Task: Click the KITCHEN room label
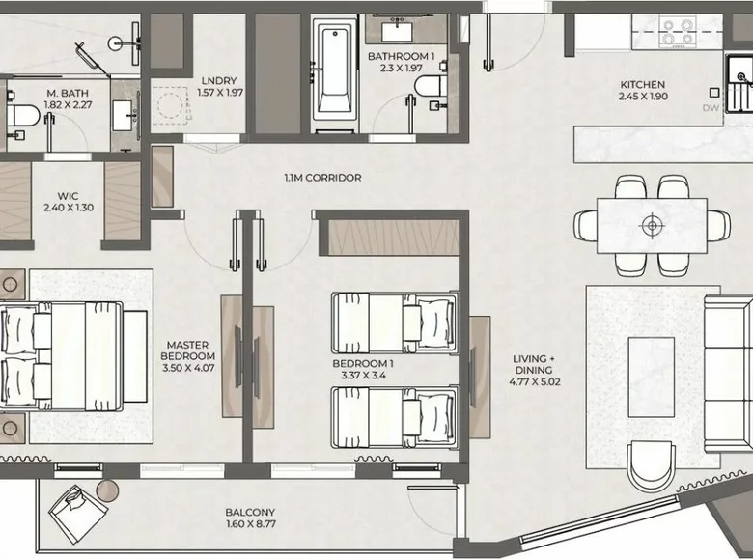(643, 85)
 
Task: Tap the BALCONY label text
(250, 513)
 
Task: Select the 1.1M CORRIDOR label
(322, 178)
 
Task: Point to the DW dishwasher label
(711, 108)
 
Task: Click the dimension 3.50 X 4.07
(188, 368)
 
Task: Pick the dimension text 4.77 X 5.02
(535, 381)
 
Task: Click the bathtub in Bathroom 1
(334, 74)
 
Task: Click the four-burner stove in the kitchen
(678, 32)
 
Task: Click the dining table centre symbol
(652, 225)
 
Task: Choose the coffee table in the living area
(652, 377)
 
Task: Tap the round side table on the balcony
(107, 490)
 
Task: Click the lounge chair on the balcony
(78, 514)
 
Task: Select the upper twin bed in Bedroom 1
(394, 322)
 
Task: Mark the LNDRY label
(219, 81)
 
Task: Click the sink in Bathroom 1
(399, 31)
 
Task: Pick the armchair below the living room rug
(652, 466)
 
